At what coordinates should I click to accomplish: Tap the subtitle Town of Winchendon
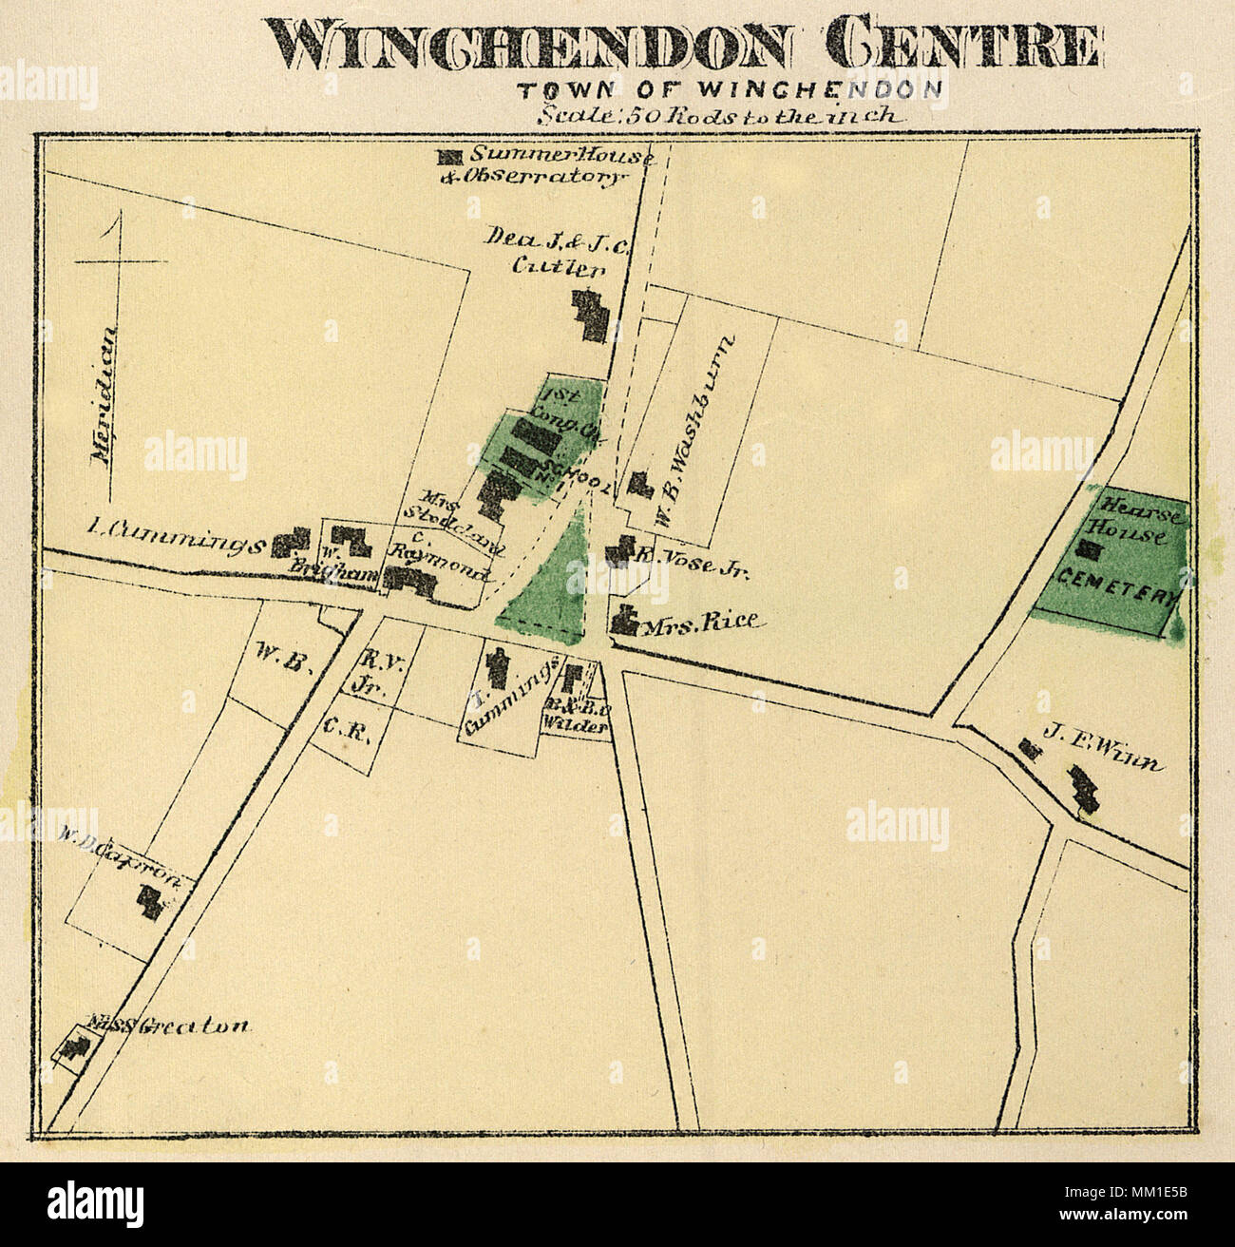[x=730, y=91]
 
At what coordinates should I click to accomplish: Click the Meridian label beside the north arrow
[x=105, y=394]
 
